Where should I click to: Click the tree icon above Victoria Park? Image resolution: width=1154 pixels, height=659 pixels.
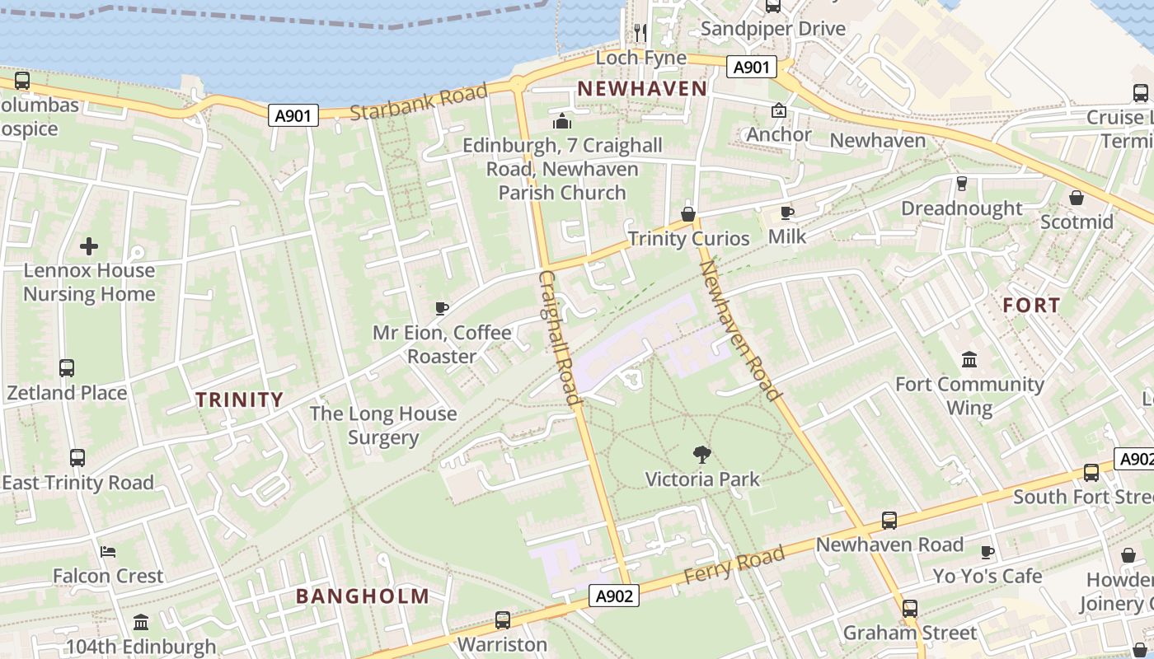(702, 454)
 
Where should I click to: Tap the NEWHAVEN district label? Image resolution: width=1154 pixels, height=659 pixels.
(642, 89)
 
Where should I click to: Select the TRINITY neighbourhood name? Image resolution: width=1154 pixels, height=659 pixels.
(239, 400)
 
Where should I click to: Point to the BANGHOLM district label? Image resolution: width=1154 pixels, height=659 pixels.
(363, 596)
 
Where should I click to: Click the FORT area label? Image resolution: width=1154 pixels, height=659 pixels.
(1031, 306)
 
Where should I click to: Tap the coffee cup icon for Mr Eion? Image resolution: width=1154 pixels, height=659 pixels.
(442, 309)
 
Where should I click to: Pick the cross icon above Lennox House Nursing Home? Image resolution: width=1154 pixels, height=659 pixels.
(89, 246)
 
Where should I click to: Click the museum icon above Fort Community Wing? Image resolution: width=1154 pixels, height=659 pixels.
(969, 360)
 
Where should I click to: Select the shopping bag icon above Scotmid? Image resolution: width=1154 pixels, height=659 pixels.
(1077, 199)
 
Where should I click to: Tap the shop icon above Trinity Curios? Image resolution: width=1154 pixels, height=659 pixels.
(688, 214)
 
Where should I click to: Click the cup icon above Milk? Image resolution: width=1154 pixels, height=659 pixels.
(787, 213)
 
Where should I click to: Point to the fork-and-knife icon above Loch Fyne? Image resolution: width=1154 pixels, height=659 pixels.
(640, 32)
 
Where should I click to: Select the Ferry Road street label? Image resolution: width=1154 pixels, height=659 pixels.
(734, 567)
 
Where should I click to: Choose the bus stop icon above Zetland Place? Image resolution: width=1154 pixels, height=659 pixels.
(67, 368)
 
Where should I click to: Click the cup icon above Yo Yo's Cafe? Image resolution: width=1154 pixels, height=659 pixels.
(987, 552)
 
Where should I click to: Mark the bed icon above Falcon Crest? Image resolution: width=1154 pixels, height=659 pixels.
(108, 552)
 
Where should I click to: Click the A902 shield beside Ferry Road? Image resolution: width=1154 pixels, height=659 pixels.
(615, 596)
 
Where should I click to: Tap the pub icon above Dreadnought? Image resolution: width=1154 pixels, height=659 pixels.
(961, 184)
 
